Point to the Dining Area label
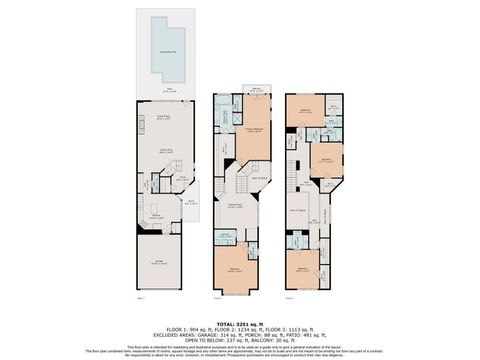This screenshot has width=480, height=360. tap(158, 150)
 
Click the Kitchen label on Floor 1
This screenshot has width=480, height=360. tap(157, 214)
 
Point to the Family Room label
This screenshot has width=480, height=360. tap(236, 205)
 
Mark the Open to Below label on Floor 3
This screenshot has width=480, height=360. tap(298, 210)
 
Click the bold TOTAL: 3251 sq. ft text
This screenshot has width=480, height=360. tap(240, 324)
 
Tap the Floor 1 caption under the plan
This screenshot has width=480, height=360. tap(140, 298)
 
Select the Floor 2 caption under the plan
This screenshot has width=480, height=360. tap(217, 298)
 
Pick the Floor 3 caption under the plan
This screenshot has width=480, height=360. tap(289, 298)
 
